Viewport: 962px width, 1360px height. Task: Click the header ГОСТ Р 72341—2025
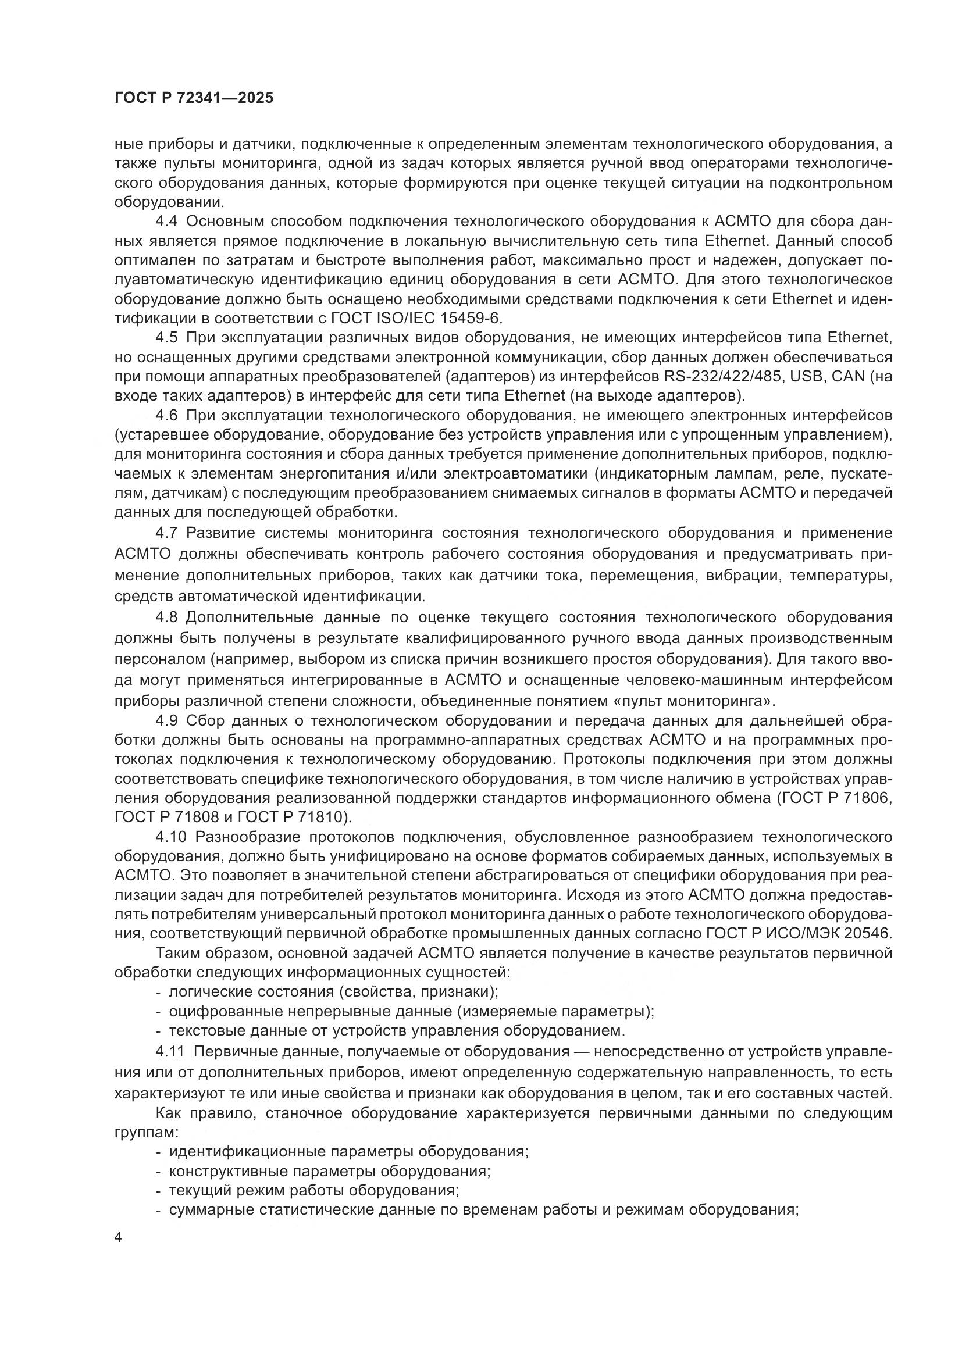tap(194, 98)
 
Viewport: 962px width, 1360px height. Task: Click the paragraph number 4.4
tap(166, 222)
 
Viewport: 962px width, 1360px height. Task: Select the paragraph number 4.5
tap(166, 338)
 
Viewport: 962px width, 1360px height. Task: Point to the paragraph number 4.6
tap(166, 416)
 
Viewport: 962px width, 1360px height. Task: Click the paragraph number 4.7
tap(166, 533)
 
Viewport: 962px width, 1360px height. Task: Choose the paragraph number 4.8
tap(166, 617)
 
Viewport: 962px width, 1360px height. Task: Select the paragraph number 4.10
tap(170, 837)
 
